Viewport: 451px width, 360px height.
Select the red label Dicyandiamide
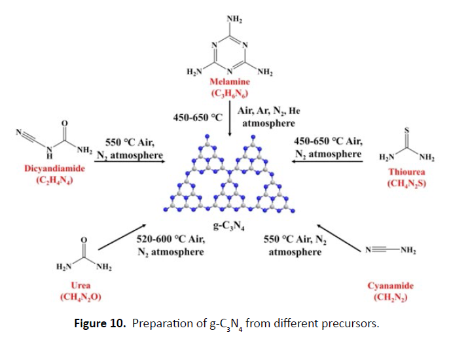[45, 168]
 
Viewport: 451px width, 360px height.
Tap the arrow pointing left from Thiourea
[327, 163]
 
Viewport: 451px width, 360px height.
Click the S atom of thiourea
[406, 130]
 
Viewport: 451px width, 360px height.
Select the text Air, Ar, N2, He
[270, 111]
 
